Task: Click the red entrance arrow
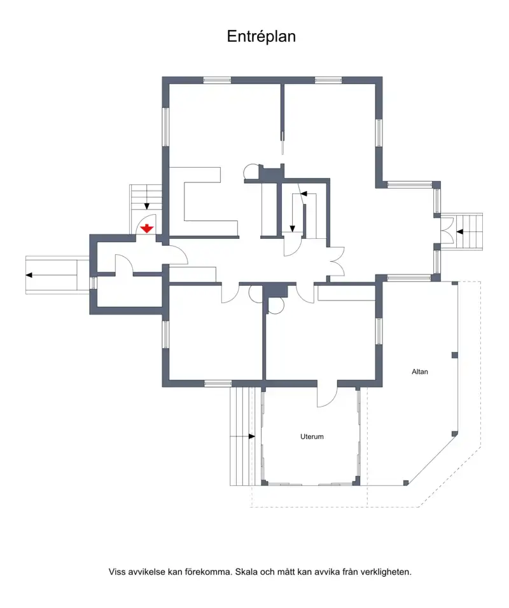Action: pyautogui.click(x=147, y=229)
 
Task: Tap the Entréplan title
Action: pyautogui.click(x=261, y=36)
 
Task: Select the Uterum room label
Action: pyautogui.click(x=312, y=436)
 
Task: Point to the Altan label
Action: pyautogui.click(x=420, y=372)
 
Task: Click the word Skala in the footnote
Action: pyautogui.click(x=245, y=572)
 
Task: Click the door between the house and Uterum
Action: pyautogui.click(x=327, y=396)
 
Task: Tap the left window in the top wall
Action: pyautogui.click(x=218, y=81)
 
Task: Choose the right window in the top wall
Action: pyautogui.click(x=328, y=81)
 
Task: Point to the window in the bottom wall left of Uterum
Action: pyautogui.click(x=218, y=384)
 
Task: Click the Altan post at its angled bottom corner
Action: pyautogui.click(x=406, y=483)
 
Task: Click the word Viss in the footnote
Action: pyautogui.click(x=117, y=572)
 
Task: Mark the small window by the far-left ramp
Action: pyautogui.click(x=93, y=283)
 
